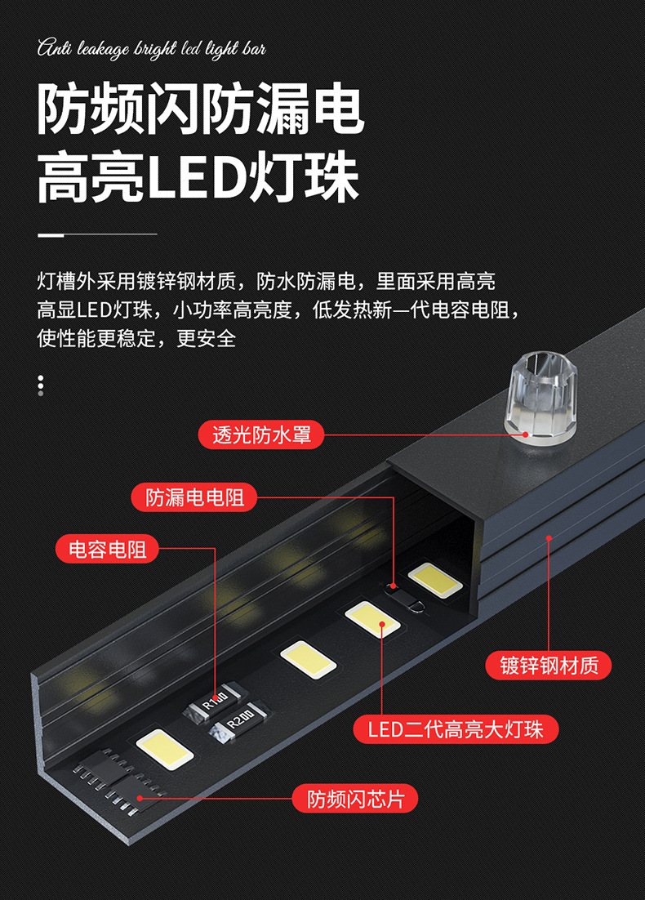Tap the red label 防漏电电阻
tap(194, 497)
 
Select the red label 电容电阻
tap(107, 549)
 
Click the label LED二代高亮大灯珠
tap(456, 729)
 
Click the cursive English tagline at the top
tap(152, 50)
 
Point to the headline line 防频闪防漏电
tap(200, 109)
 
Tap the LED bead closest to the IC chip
tap(165, 747)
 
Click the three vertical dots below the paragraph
tap(41, 385)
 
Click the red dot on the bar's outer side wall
tap(549, 538)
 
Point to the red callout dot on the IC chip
tap(140, 797)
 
